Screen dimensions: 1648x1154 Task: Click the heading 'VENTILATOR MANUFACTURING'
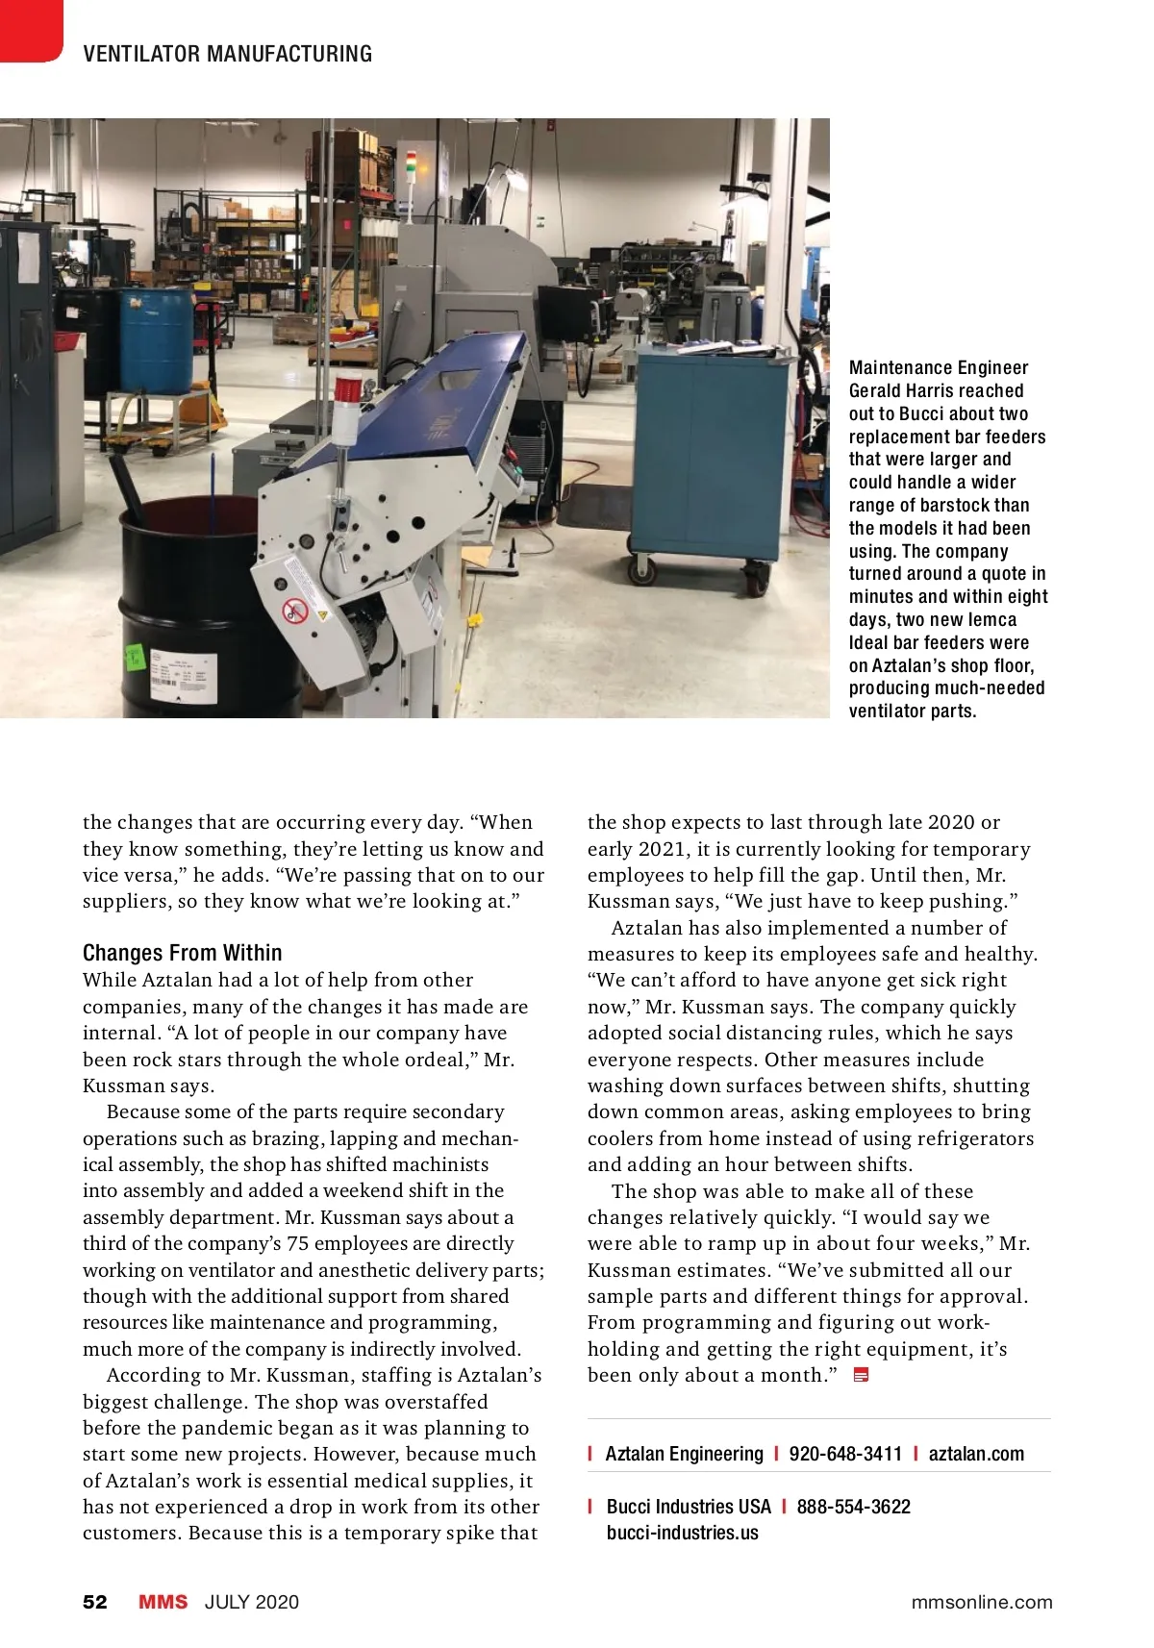[227, 54]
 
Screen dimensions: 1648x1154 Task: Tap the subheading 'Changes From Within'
[183, 953]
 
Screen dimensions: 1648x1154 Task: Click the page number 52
[95, 1602]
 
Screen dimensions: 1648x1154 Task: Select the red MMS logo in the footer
[163, 1602]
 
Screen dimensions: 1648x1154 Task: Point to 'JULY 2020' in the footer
[252, 1602]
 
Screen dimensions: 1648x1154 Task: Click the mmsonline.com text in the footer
[982, 1602]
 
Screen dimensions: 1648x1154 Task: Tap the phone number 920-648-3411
[845, 1454]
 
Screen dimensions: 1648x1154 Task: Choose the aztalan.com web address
[976, 1454]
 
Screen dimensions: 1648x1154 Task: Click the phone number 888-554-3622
[853, 1507]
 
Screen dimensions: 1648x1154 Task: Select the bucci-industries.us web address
[682, 1533]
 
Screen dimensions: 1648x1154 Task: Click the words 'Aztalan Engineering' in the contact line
[684, 1454]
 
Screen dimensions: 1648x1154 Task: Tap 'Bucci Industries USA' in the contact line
[689, 1507]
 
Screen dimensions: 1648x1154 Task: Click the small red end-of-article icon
[861, 1375]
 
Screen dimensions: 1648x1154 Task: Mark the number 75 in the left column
[298, 1243]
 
